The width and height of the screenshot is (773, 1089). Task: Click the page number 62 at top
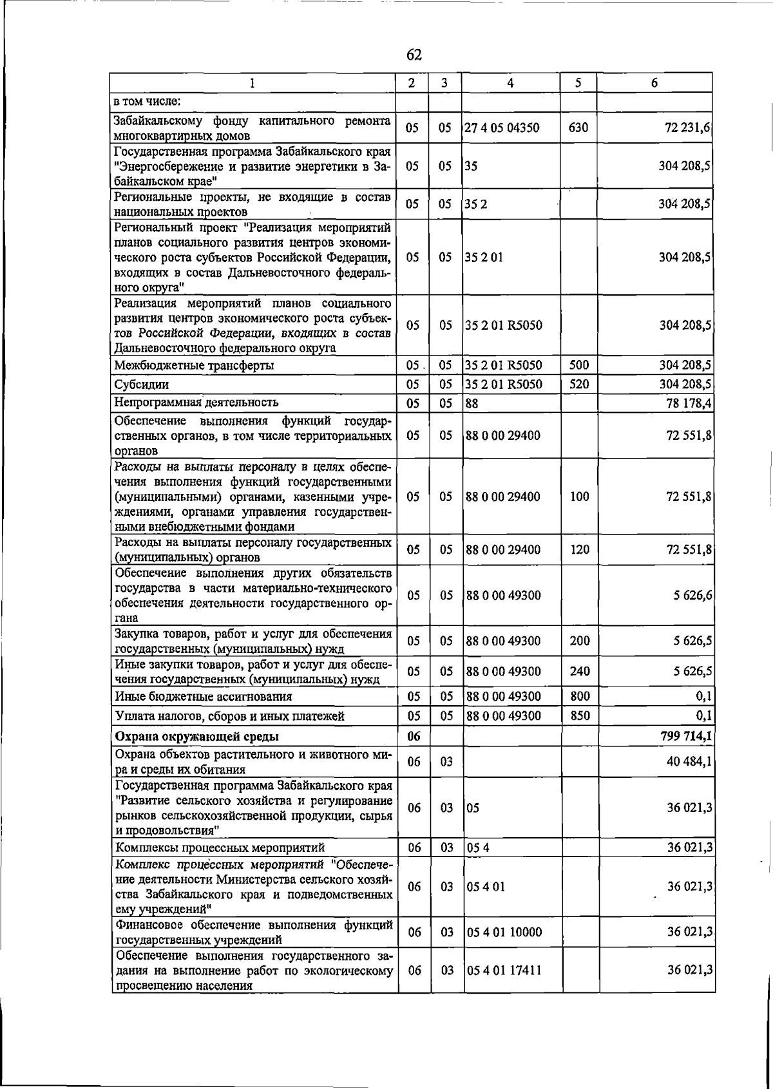pyautogui.click(x=414, y=55)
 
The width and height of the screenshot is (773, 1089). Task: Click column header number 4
pyautogui.click(x=510, y=82)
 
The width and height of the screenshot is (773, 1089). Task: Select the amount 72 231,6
pyautogui.click(x=688, y=128)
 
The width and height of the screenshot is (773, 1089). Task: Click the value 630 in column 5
pyautogui.click(x=578, y=128)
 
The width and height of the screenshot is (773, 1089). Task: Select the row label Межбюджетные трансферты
pyautogui.click(x=193, y=365)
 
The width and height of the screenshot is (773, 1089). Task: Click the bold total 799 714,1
pyautogui.click(x=685, y=736)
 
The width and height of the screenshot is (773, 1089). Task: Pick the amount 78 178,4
pyautogui.click(x=688, y=403)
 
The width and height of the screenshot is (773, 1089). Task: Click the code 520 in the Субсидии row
pyautogui.click(x=578, y=384)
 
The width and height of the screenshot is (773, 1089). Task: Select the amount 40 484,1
pyautogui.click(x=688, y=761)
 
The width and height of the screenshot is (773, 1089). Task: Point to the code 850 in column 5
pyautogui.click(x=580, y=715)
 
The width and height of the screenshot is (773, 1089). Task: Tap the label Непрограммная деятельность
pyautogui.click(x=196, y=402)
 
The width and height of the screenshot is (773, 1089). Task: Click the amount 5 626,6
pyautogui.click(x=692, y=595)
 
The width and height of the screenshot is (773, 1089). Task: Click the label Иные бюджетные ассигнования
pyautogui.click(x=203, y=696)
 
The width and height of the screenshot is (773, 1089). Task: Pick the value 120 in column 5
pyautogui.click(x=580, y=549)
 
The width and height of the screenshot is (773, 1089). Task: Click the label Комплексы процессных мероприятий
pyautogui.click(x=220, y=847)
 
